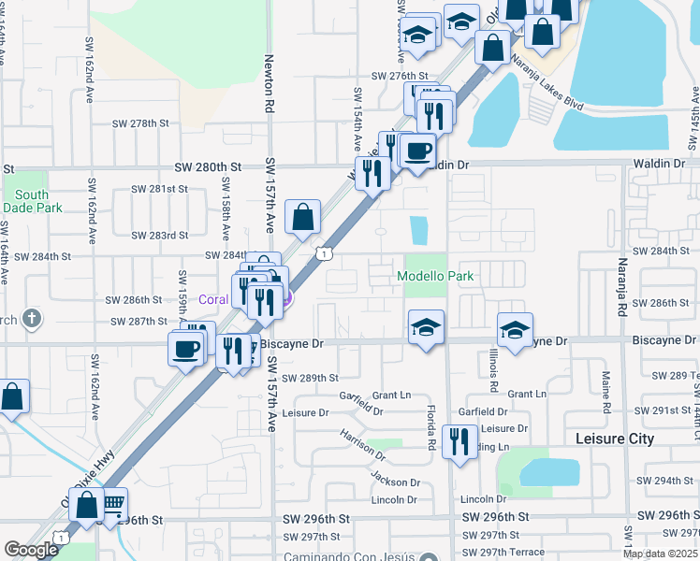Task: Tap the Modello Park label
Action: click(435, 276)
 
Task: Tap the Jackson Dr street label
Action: click(395, 482)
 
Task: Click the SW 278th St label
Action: click(139, 123)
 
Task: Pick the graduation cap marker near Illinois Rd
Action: click(515, 329)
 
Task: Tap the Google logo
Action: click(31, 550)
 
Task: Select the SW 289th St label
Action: click(313, 378)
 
